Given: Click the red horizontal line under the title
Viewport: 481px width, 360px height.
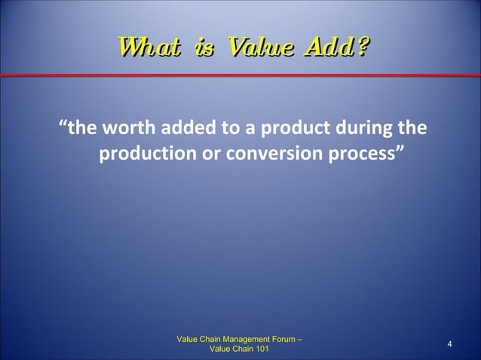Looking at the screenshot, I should [240, 75].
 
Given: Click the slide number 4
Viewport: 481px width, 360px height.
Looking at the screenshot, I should [449, 345].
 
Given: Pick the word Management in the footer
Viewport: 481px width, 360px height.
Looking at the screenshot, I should [245, 339].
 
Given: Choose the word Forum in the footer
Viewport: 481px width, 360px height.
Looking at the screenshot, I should [283, 339].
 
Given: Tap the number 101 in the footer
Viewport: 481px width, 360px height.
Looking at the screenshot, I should [259, 349].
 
